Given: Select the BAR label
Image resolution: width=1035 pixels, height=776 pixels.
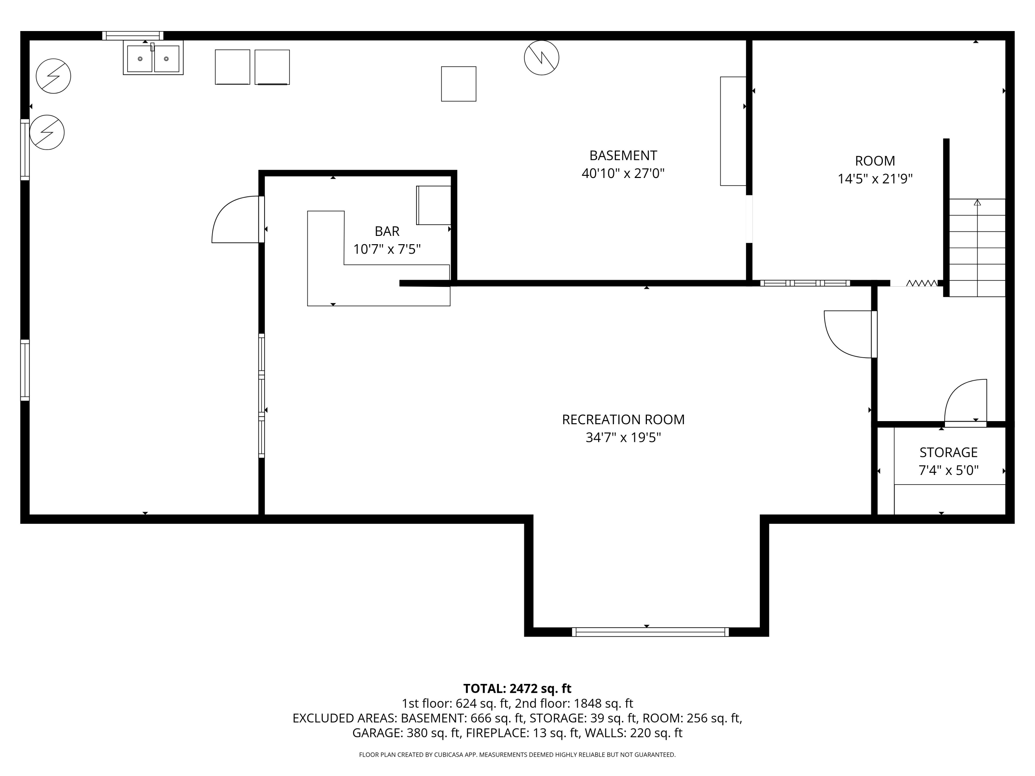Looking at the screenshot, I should tap(387, 231).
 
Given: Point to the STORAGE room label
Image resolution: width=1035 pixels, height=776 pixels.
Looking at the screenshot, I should tap(948, 452).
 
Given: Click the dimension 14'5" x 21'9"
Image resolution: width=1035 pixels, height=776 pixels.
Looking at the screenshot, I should tap(875, 179).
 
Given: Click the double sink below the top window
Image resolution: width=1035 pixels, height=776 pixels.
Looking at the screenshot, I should tap(153, 58).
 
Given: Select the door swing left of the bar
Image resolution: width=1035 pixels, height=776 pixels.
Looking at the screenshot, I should tap(236, 219).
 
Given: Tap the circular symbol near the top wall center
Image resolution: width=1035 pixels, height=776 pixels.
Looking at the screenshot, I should tap(541, 58).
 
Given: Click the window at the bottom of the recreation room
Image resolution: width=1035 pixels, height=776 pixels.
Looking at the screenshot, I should tap(650, 632).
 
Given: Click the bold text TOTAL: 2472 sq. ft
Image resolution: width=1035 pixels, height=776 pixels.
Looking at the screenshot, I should tap(517, 688).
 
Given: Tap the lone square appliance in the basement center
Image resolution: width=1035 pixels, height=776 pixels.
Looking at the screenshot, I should tap(459, 84).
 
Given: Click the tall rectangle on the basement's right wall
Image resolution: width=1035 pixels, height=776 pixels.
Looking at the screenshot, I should tap(733, 131).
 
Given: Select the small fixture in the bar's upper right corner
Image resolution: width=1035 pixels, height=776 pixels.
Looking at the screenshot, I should tap(434, 205).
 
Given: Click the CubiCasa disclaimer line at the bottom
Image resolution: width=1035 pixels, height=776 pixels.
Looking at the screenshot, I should tap(517, 755).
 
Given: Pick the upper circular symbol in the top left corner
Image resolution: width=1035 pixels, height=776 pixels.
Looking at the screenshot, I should tap(53, 76).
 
